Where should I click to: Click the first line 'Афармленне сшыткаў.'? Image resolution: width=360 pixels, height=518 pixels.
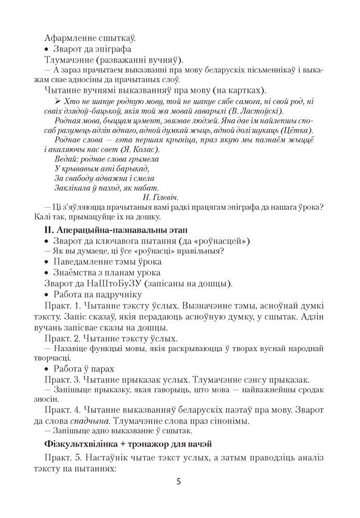click(90, 38)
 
